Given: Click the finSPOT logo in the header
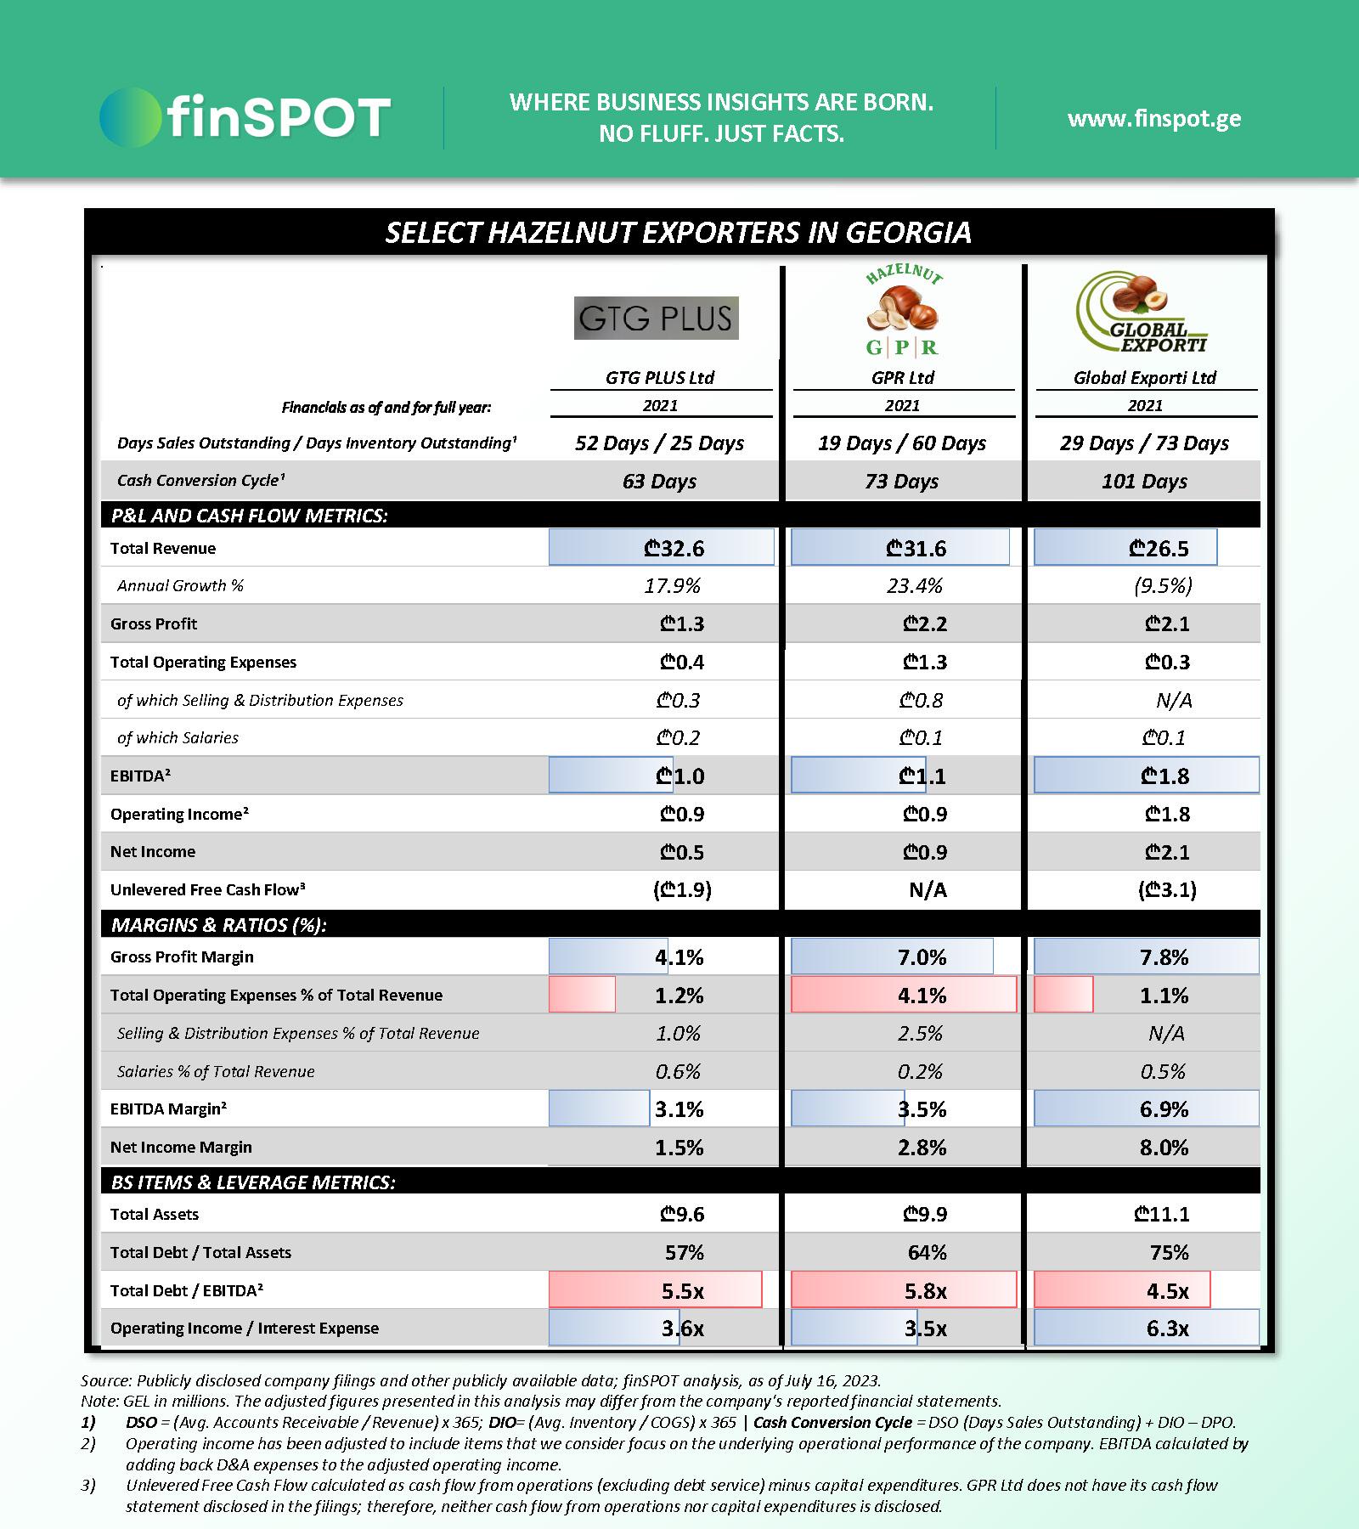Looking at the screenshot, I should (245, 117).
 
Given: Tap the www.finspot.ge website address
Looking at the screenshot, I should (1154, 118).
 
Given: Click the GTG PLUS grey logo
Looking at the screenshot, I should (656, 318).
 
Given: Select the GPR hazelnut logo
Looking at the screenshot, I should (903, 311).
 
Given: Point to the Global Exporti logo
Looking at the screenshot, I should (1142, 313).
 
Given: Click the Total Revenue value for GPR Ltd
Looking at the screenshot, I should (916, 549).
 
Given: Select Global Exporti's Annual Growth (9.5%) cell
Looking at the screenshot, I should (1163, 586).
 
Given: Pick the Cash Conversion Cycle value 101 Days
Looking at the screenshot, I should (1144, 482).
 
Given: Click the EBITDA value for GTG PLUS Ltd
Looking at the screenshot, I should (680, 776).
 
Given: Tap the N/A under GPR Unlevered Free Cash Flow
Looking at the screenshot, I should (928, 890).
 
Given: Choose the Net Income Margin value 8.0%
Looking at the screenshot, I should (1164, 1148).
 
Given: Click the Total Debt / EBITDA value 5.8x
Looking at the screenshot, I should (925, 1291).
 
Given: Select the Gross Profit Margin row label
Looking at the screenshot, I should (182, 957).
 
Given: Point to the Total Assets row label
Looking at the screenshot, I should (155, 1215).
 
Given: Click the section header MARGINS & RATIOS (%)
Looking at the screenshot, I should (219, 925).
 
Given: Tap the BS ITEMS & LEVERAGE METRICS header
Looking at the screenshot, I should (253, 1182).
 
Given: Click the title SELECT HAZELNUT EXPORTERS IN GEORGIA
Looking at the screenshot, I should (679, 233).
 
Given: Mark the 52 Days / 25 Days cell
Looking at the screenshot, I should (659, 443).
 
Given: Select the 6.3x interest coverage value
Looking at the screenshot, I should (1167, 1329).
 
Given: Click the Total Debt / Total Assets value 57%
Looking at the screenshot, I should (684, 1253).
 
